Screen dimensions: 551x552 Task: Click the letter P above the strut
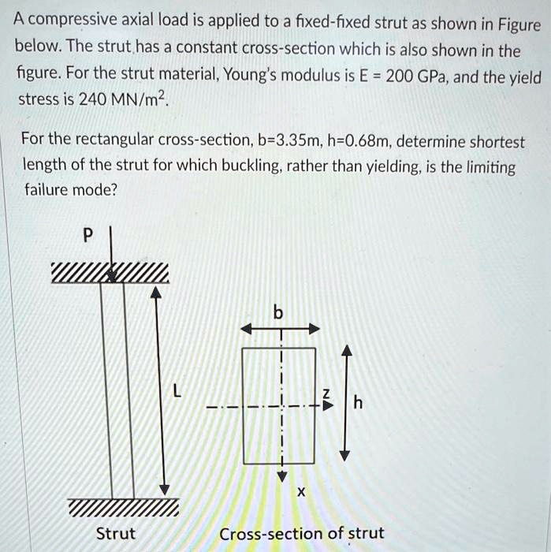[x=87, y=234]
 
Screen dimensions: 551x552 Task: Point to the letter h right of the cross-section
[x=359, y=404]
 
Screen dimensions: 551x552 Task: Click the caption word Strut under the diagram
[x=115, y=534]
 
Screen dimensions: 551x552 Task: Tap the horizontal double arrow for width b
[x=280, y=329]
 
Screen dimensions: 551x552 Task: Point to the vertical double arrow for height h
[x=344, y=402]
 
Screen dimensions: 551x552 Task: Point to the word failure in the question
[x=44, y=189]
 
